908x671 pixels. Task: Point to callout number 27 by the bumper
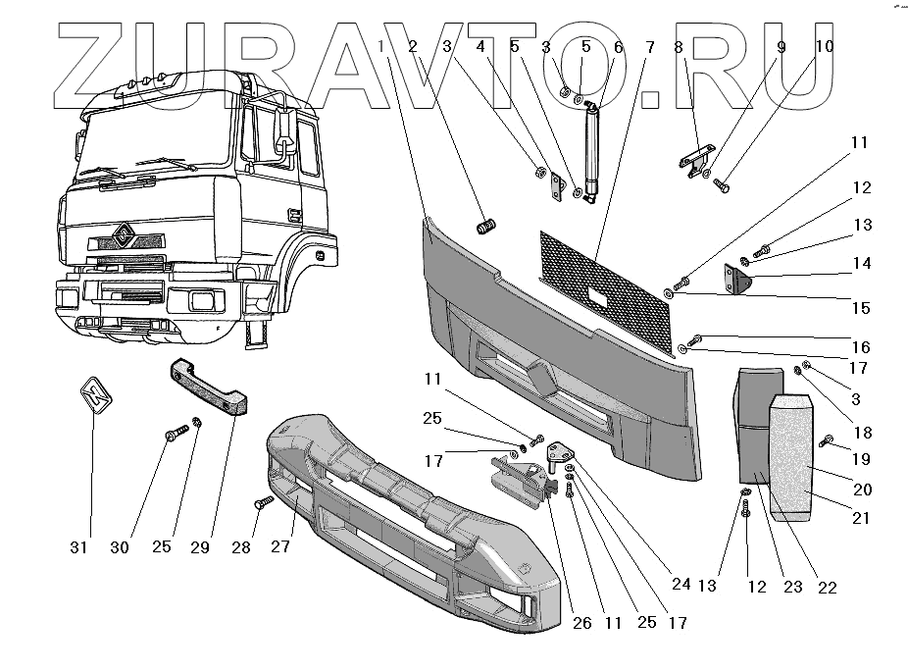281,547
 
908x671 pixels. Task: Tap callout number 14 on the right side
860,263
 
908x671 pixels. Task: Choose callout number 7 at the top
649,47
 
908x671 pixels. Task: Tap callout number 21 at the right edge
860,518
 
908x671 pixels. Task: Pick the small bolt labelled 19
826,440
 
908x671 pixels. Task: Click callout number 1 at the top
390,47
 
